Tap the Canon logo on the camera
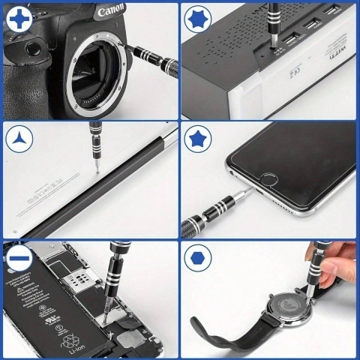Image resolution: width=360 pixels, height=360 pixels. (111, 13)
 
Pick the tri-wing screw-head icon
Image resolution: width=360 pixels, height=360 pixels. (16, 140)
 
